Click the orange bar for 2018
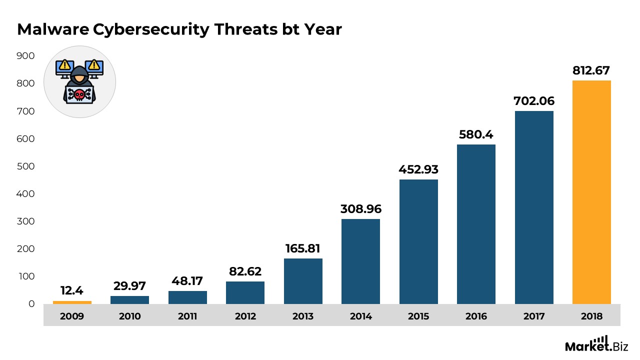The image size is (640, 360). tap(591, 192)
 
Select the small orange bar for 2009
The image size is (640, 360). tap(72, 302)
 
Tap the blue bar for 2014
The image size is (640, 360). tap(360, 261)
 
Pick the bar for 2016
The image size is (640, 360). tap(476, 224)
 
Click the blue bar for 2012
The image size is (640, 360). tap(245, 292)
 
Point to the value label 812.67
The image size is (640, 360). tap(591, 70)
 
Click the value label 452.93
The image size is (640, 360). tap(418, 169)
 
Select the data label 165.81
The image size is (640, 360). tap(303, 248)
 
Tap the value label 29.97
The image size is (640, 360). tap(129, 286)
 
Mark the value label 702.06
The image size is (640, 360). tap(534, 101)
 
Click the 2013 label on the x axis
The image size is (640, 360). tap(303, 316)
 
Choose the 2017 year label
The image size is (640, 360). tap(534, 316)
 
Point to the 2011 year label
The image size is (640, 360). tap(187, 316)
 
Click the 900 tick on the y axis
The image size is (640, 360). tap(25, 56)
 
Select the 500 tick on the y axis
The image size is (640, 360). tap(25, 166)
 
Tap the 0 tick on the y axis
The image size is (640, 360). tap(31, 304)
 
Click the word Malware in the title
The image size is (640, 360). tap(53, 30)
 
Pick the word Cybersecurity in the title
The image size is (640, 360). tap(151, 30)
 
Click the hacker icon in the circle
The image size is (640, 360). tap(79, 82)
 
